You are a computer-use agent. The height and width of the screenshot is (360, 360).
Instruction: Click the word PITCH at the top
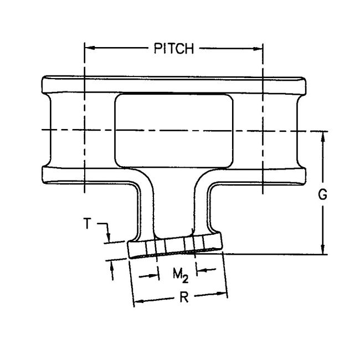tap(174, 48)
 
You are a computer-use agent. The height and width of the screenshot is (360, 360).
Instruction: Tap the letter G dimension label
tap(322, 195)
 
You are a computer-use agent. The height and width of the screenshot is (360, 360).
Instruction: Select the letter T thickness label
tap(87, 223)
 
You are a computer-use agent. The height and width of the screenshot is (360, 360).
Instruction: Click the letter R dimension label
tap(184, 297)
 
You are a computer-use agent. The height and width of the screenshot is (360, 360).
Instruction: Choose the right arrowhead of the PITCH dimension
tap(258, 48)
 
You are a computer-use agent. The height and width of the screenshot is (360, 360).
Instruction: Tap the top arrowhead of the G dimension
tap(322, 137)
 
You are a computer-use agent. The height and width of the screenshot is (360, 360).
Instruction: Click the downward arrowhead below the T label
tap(109, 237)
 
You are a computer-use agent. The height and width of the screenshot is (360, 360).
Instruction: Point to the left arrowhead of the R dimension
tap(139, 301)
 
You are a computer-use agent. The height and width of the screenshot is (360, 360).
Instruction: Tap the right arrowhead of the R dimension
tap(222, 294)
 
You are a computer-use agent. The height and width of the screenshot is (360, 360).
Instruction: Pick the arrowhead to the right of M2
tap(202, 270)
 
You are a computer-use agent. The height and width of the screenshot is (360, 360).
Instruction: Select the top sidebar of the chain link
tap(174, 85)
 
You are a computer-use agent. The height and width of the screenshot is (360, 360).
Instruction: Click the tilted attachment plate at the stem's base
tap(175, 246)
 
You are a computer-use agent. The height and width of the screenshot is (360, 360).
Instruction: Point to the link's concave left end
tap(50, 130)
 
